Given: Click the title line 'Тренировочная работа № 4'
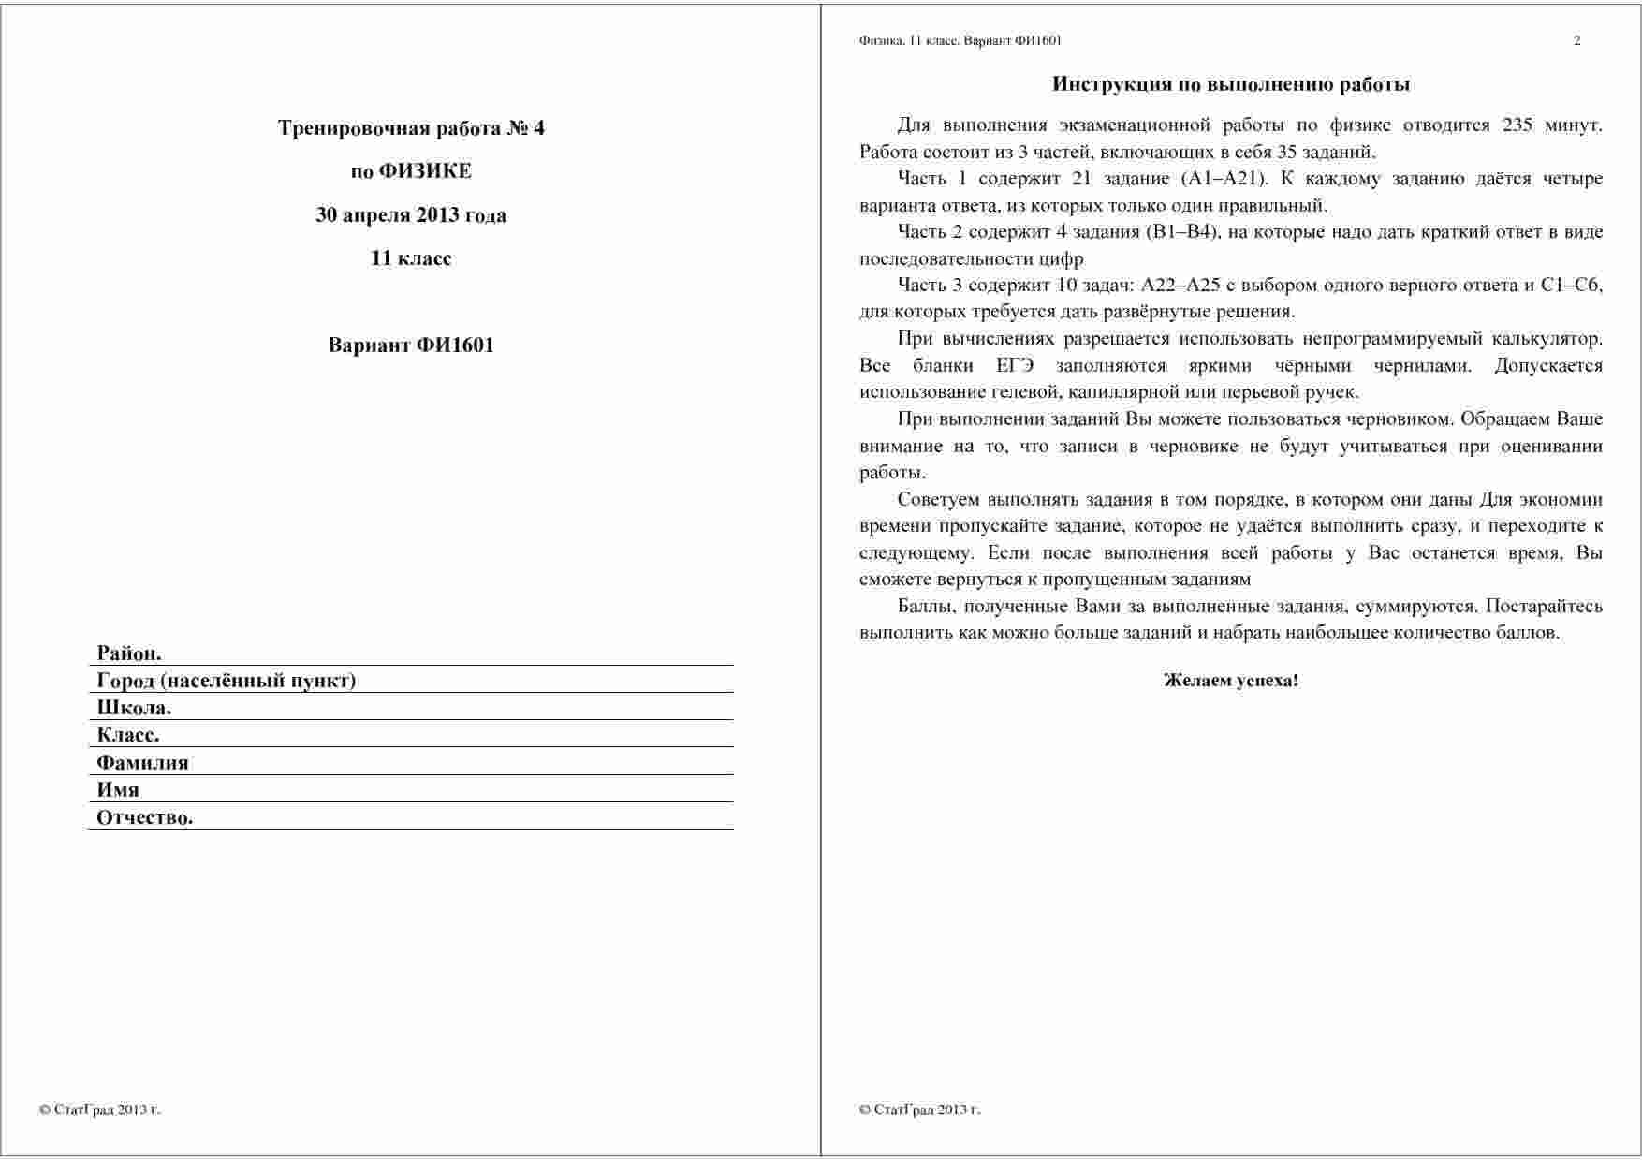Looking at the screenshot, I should coord(410,128).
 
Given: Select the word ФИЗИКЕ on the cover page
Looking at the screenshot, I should coord(425,171).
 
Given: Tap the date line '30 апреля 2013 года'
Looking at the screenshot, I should coord(410,215).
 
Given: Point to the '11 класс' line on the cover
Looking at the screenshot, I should coord(410,258).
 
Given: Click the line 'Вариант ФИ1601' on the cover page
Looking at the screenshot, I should coord(410,345).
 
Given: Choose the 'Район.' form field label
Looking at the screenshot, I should coord(129,653).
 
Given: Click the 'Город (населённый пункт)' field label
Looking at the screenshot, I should coord(226,681).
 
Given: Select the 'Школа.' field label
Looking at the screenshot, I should coord(134,708).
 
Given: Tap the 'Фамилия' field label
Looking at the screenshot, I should coord(142,762).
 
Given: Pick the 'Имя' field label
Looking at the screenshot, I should coord(118,789).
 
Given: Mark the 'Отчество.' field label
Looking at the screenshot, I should coord(144,817).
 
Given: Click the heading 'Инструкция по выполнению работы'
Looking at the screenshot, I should coord(1230,84).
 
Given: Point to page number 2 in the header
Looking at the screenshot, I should coord(1576,40).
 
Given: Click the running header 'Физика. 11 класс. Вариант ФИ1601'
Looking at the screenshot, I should coord(960,40).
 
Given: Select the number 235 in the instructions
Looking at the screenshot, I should coord(1517,125).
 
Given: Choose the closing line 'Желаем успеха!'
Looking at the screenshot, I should coord(1230,681).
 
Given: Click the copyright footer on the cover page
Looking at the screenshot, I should coord(100,1110).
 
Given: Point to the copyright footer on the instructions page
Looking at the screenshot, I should coord(919,1110).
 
